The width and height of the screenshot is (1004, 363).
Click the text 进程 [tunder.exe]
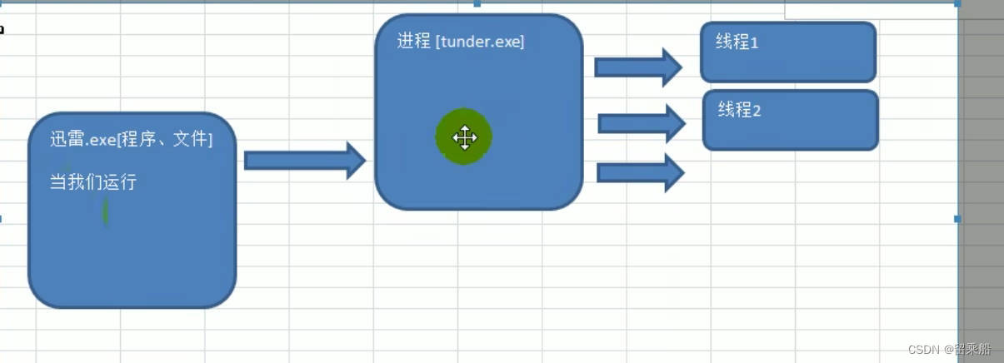[461, 42]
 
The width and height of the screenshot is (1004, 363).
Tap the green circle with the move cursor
[464, 137]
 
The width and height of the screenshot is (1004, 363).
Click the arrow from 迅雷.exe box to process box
[305, 160]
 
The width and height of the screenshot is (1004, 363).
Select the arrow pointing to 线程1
[638, 67]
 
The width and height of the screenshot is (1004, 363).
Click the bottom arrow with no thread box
[640, 172]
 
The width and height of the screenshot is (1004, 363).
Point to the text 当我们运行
[92, 181]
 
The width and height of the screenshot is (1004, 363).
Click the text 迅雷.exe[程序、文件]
[131, 139]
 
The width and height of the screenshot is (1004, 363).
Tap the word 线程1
[737, 42]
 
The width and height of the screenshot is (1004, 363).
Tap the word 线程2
[739, 109]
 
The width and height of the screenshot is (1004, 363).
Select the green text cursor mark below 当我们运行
[105, 211]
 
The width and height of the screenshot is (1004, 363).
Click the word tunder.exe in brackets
[480, 42]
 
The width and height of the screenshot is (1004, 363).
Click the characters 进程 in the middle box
[413, 42]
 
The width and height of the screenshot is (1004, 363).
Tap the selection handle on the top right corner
[957, 3]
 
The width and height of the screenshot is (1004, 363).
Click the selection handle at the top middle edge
[477, 3]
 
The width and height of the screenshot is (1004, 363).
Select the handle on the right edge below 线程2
[957, 219]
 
